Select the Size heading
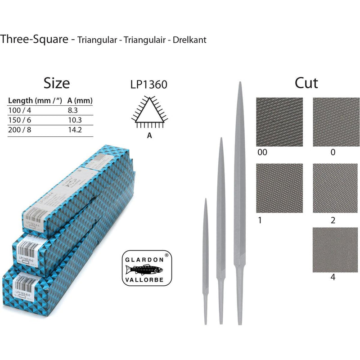point(56,83)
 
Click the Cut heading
point(306,83)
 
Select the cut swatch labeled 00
point(279,121)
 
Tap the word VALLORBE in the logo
point(148,279)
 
